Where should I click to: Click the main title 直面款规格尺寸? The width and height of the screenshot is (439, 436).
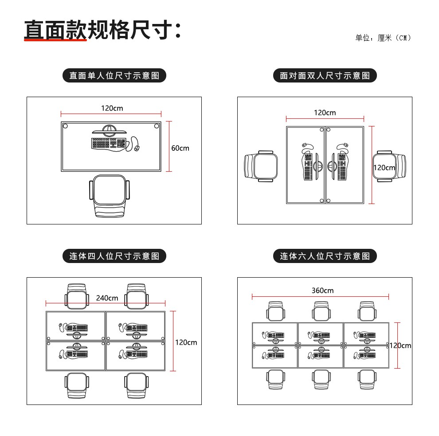(x=102, y=30)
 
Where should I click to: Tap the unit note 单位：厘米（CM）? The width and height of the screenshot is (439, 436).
(x=383, y=38)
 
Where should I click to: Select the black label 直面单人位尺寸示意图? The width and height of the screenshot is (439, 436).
(x=114, y=76)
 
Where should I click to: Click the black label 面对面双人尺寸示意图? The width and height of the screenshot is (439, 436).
(x=325, y=76)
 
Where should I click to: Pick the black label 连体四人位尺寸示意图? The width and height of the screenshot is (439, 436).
(x=114, y=256)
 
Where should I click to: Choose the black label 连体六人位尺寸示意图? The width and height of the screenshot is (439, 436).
(x=325, y=256)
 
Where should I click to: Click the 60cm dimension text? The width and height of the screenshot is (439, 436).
(x=180, y=148)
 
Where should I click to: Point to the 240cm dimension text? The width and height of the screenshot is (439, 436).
(x=107, y=298)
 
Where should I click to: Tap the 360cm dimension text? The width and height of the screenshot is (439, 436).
(x=322, y=291)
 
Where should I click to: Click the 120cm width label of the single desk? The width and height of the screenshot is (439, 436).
(x=112, y=108)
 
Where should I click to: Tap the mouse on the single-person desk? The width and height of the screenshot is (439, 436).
(x=137, y=148)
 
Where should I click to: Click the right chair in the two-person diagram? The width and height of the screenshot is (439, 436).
(x=389, y=166)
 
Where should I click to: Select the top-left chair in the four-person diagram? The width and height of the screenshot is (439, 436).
(x=78, y=296)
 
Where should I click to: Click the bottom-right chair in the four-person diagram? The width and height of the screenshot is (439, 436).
(x=137, y=385)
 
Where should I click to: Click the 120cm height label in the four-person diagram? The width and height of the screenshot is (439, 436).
(x=186, y=342)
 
